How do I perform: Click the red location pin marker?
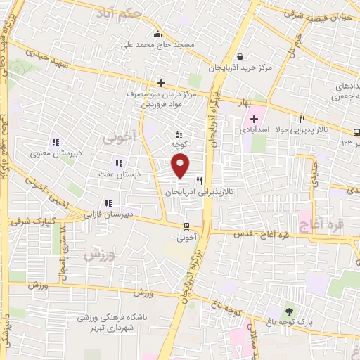(181, 166)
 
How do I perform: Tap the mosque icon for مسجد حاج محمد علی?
(157, 33)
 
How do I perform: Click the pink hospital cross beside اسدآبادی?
(254, 119)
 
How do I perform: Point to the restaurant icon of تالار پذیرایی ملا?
(302, 119)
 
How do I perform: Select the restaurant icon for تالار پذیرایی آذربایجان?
(199, 181)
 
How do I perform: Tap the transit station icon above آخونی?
(186, 226)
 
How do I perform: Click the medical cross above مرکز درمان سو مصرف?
(161, 83)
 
